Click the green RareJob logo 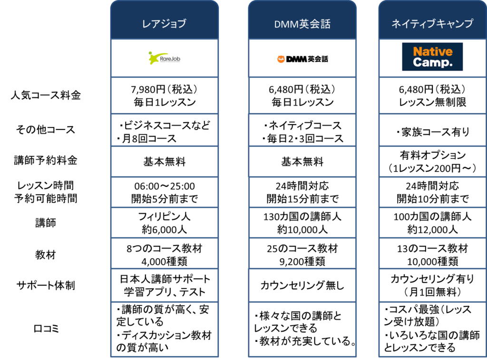tap(164, 58)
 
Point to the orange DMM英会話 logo tap(302, 58)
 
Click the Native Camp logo tap(432, 57)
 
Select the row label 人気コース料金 tap(46, 95)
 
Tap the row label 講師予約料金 tap(46, 160)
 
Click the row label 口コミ tap(46, 328)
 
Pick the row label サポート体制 tap(46, 285)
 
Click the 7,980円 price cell tap(164, 96)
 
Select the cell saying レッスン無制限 tap(432, 96)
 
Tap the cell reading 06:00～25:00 tap(164, 192)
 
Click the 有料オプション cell tap(432, 162)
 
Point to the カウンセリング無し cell tap(302, 285)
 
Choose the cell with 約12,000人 tap(432, 223)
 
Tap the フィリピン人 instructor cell tap(164, 223)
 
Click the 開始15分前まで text tap(302, 199)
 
